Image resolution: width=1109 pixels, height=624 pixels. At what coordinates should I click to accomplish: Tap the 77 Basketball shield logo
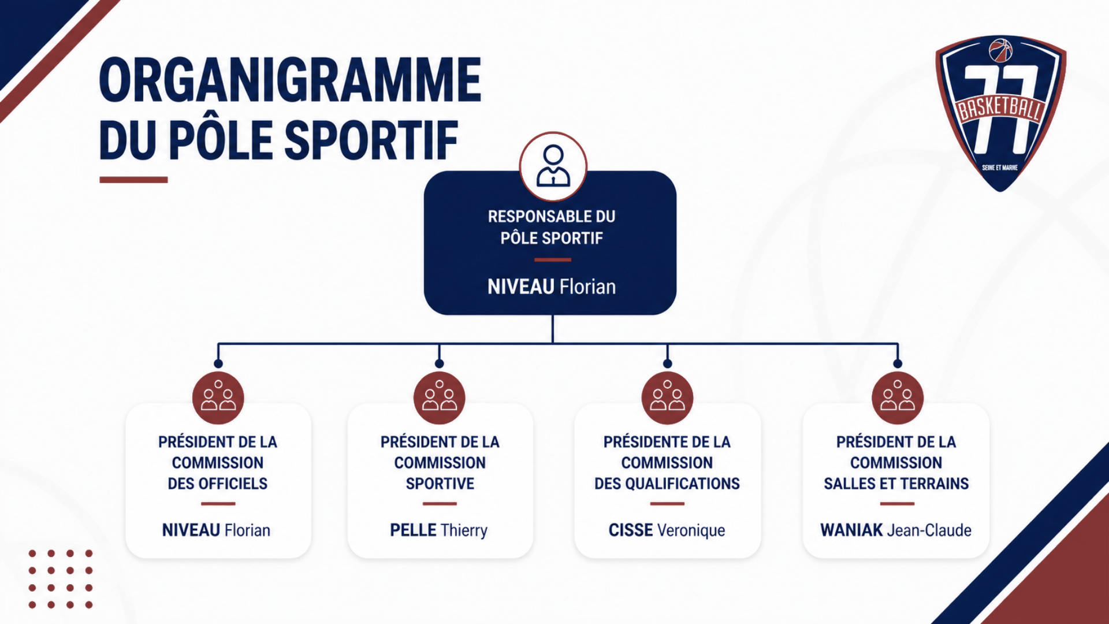click(x=1001, y=113)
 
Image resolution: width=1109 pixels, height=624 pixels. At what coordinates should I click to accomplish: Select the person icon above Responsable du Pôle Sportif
click(x=553, y=166)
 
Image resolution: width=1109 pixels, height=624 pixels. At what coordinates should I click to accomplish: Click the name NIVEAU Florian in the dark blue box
click(x=552, y=287)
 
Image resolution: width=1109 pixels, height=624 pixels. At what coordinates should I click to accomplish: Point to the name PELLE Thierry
click(x=439, y=530)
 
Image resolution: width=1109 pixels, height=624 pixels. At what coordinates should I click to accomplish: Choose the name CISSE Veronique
click(x=667, y=530)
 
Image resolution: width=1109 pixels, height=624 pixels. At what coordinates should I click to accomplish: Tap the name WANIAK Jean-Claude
click(x=896, y=530)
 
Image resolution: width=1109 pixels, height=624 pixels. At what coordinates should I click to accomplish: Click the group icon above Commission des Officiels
click(x=218, y=398)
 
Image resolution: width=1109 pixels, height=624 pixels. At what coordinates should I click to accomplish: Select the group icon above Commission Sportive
click(x=440, y=398)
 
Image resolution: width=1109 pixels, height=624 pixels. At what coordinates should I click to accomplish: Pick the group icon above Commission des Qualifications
click(x=667, y=398)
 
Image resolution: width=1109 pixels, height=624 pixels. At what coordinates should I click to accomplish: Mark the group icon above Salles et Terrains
click(x=898, y=398)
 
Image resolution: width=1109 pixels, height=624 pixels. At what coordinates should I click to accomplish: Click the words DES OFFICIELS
click(x=218, y=484)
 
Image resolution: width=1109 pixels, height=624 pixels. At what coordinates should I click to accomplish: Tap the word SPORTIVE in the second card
click(x=440, y=484)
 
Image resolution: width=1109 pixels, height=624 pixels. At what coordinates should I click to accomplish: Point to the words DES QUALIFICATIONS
click(x=667, y=484)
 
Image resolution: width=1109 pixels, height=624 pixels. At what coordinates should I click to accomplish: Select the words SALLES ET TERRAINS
click(x=896, y=484)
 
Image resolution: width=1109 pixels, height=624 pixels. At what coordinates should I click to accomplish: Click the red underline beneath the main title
click(x=133, y=180)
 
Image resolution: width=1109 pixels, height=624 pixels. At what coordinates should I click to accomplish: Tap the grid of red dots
click(x=61, y=579)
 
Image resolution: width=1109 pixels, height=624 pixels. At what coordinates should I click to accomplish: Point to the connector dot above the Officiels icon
click(x=218, y=363)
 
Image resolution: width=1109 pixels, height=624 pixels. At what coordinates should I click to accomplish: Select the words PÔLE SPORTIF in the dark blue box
click(x=552, y=238)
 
